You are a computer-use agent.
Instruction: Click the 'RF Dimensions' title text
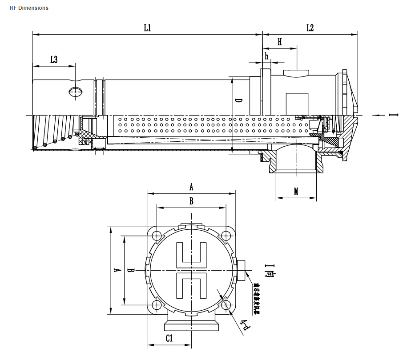coord(29,8)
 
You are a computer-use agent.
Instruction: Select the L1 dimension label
coord(147,28)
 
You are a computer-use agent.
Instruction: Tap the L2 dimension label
coord(310,28)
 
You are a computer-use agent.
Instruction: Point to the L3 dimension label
coord(53,60)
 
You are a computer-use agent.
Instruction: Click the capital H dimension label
coord(279,42)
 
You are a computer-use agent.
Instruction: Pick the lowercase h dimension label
coord(266,56)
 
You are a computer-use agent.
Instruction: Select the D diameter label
coord(239,101)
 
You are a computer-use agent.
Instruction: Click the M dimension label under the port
coord(296,192)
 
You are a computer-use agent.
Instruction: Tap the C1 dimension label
coord(169,338)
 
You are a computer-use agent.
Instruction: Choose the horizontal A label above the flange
coord(191,187)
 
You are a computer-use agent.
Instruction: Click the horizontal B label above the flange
coord(191,201)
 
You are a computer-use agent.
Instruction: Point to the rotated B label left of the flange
coord(130,270)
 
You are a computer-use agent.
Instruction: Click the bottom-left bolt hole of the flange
coord(157,305)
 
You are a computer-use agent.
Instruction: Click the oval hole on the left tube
coord(75,92)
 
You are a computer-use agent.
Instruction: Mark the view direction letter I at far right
coord(393,115)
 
